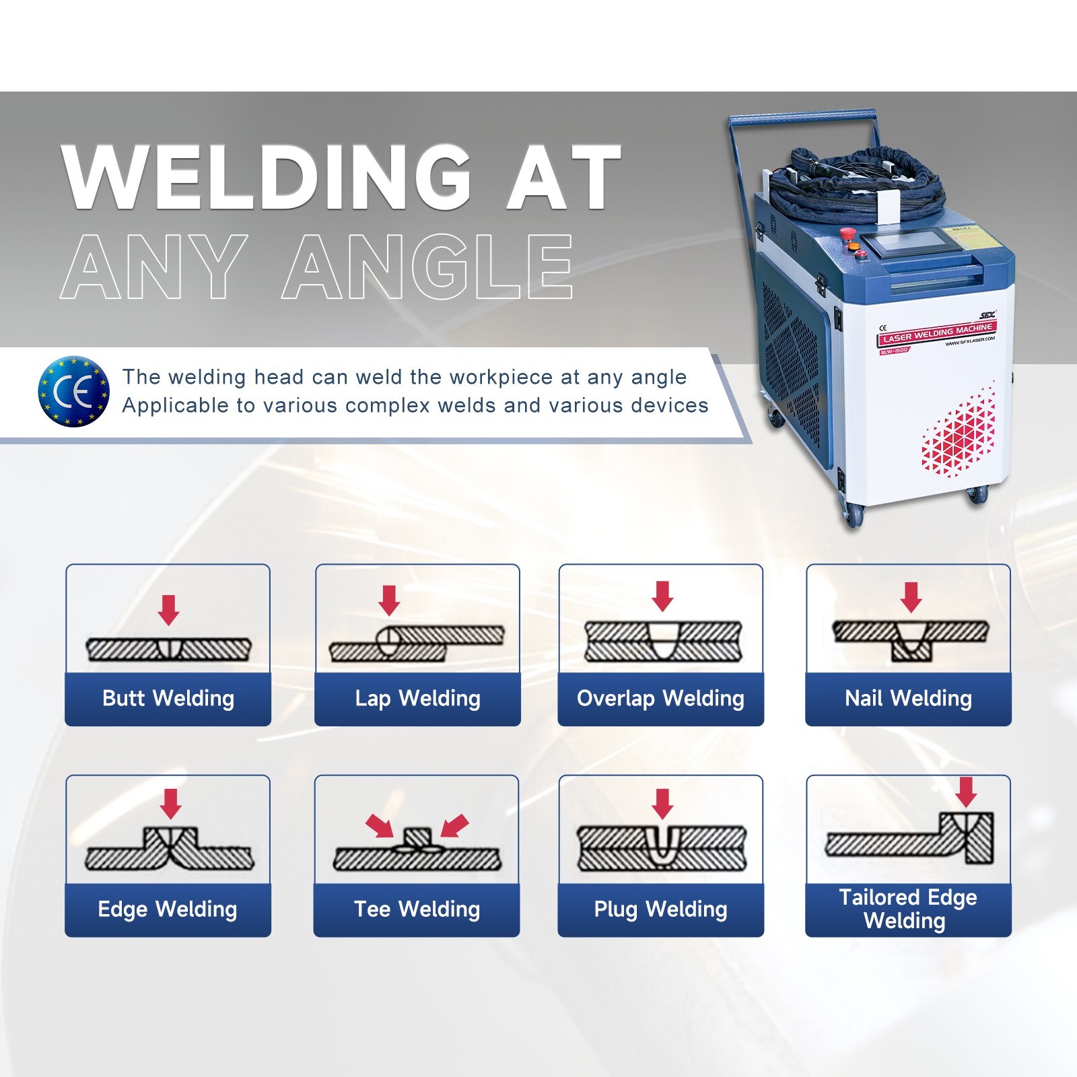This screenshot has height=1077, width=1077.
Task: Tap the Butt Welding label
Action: (168, 699)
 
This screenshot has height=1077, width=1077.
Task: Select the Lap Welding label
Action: (417, 699)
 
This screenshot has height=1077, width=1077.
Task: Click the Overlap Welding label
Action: (660, 699)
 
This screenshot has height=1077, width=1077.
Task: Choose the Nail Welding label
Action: (908, 699)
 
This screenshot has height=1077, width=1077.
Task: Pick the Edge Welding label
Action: (168, 909)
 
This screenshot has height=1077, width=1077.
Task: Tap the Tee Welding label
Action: (417, 909)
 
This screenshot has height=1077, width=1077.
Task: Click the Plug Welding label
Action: (660, 909)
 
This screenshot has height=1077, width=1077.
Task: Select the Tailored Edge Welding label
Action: (907, 909)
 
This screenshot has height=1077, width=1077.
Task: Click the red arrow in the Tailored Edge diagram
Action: (966, 792)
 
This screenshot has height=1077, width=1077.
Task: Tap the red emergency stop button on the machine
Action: (846, 233)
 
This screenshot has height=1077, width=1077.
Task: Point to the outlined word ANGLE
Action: (428, 267)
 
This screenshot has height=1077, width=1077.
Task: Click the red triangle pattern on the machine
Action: (960, 431)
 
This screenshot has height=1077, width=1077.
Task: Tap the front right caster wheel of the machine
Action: (977, 495)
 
